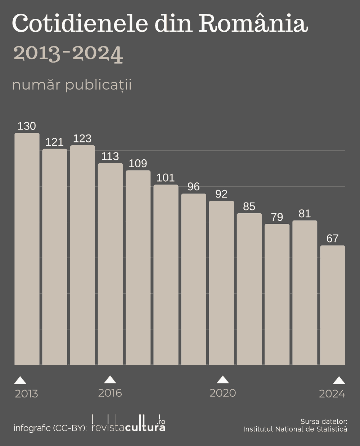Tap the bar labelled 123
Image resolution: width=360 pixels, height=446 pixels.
(82, 255)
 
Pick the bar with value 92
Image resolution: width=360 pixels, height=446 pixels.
(221, 283)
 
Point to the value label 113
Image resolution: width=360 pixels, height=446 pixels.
(110, 156)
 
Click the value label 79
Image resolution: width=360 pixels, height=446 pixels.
(277, 217)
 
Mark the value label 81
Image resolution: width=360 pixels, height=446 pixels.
(305, 214)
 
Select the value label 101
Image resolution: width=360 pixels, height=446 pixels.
(166, 178)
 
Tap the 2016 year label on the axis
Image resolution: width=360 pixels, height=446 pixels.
(110, 393)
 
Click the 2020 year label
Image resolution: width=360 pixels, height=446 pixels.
(222, 393)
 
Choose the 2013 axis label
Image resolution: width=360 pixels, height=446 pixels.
(26, 394)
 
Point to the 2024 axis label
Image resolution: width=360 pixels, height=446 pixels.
(332, 394)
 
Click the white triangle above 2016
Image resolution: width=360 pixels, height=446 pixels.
(110, 379)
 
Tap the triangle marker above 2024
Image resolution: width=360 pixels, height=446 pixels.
(339, 380)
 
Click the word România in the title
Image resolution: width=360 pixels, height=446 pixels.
(253, 24)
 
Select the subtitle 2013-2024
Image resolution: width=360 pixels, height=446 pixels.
(68, 54)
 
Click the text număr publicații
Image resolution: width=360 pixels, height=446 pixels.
(72, 85)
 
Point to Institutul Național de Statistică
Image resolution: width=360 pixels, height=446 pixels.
(295, 429)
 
